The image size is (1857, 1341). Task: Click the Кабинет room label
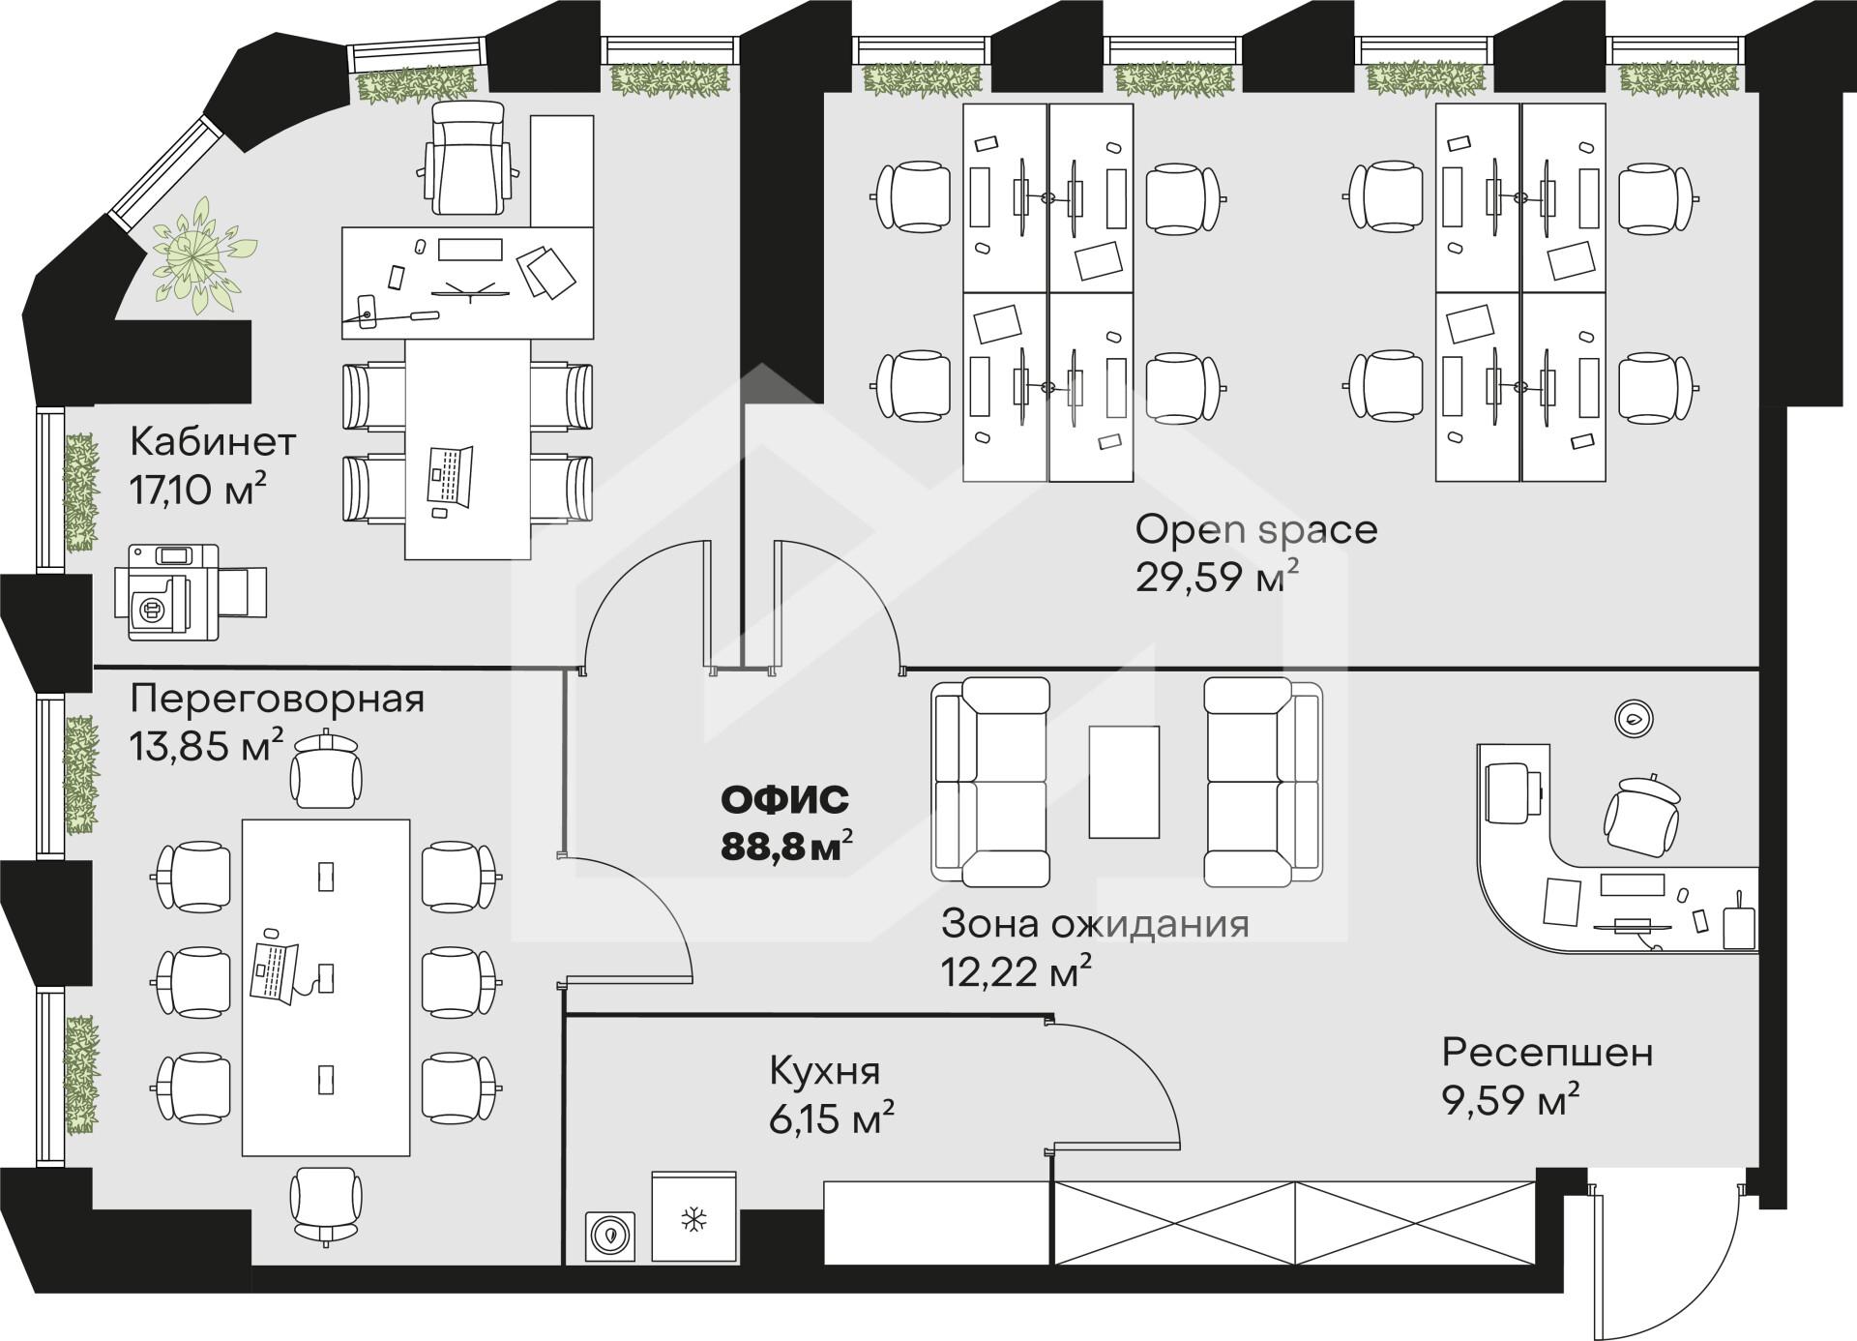click(x=213, y=442)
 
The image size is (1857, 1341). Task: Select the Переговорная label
click(x=278, y=699)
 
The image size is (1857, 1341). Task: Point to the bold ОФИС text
click(x=785, y=800)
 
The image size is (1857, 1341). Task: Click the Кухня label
click(x=825, y=1072)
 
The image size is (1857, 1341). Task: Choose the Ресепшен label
click(x=1547, y=1053)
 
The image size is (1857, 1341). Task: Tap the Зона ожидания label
click(x=1096, y=924)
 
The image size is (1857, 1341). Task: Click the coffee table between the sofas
click(x=1124, y=782)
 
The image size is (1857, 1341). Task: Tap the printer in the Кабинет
click(x=190, y=592)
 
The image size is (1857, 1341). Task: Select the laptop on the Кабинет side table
click(x=451, y=477)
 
